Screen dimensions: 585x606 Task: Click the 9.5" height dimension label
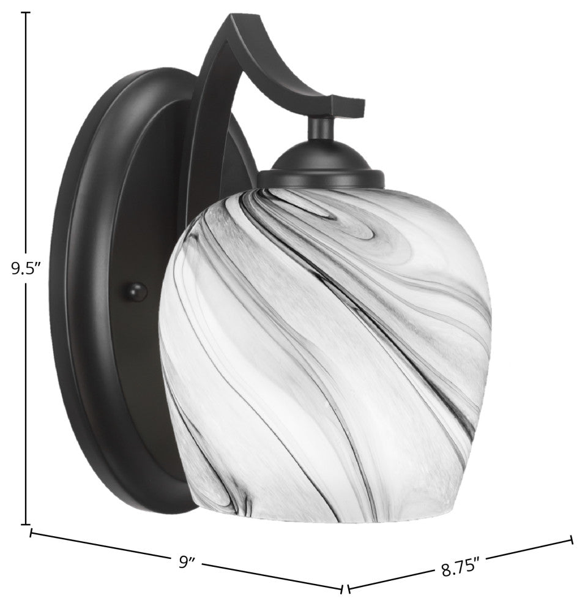[26, 269]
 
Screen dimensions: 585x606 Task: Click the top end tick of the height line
[26, 13]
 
